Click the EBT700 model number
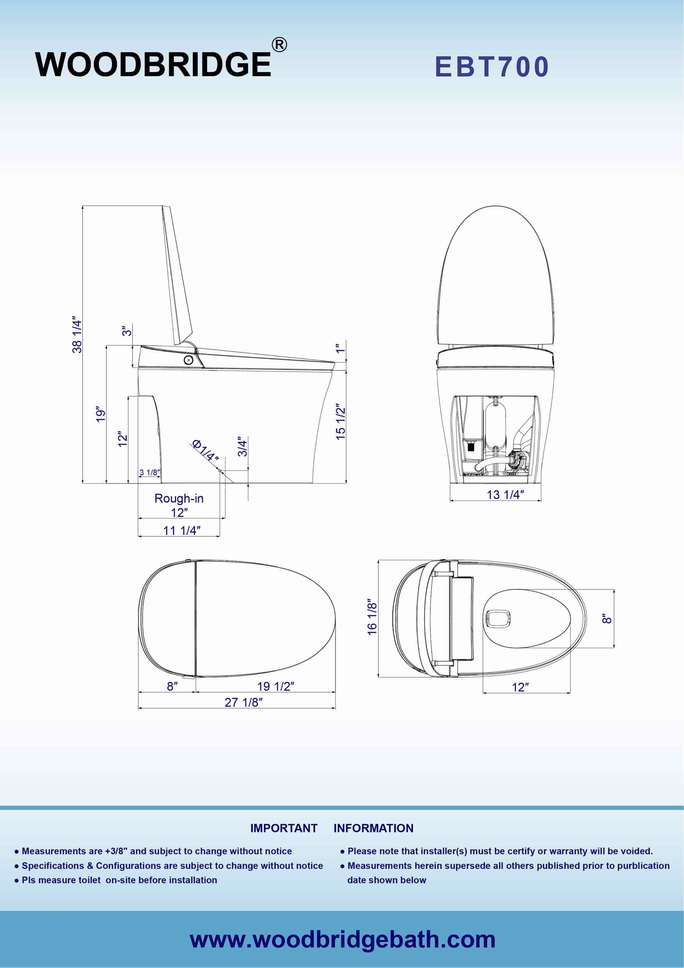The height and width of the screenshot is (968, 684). tap(492, 67)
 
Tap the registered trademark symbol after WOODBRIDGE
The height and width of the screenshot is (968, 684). tap(279, 45)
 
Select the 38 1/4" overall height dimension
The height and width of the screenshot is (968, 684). tap(77, 334)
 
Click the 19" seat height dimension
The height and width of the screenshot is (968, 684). tap(100, 414)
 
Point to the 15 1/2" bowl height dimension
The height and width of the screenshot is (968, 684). tap(340, 422)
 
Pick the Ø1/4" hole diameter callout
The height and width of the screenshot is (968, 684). tap(205, 451)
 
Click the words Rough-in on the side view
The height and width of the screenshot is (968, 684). tap(179, 498)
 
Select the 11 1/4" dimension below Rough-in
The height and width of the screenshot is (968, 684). tap(182, 530)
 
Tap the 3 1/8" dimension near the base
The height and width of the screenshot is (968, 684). tap(150, 472)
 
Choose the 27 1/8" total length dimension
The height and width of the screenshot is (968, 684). tap(243, 702)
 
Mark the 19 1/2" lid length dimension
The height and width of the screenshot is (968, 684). tap(275, 686)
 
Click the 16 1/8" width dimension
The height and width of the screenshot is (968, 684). tap(372, 616)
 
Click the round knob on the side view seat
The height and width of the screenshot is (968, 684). tap(189, 360)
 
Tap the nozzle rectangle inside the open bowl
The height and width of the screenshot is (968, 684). tap(498, 618)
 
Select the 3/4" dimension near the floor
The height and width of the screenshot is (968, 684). tap(242, 446)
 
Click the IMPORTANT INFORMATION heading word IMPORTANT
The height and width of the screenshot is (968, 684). tap(284, 828)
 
